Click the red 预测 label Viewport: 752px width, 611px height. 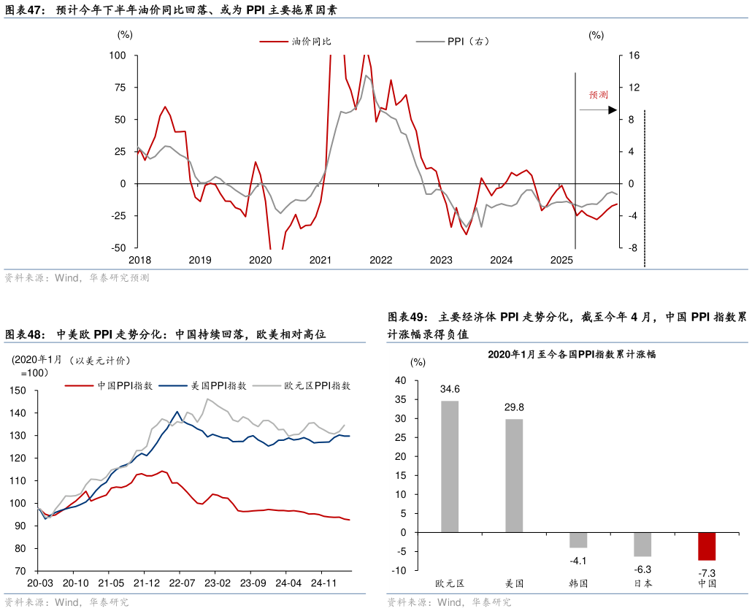coord(599,95)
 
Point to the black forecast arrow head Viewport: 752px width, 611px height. coord(613,110)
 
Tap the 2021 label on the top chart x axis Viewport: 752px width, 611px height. coord(321,260)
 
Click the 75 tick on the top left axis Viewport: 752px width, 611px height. coord(118,88)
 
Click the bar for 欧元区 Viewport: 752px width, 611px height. coord(450,466)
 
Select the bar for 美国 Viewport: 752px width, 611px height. coord(514,475)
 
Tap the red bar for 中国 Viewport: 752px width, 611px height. coord(707,546)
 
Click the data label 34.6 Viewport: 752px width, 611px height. coord(450,389)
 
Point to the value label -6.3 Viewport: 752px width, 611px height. coord(642,569)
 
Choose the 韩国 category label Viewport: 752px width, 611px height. coord(578,583)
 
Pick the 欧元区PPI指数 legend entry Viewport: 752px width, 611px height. coord(317,385)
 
